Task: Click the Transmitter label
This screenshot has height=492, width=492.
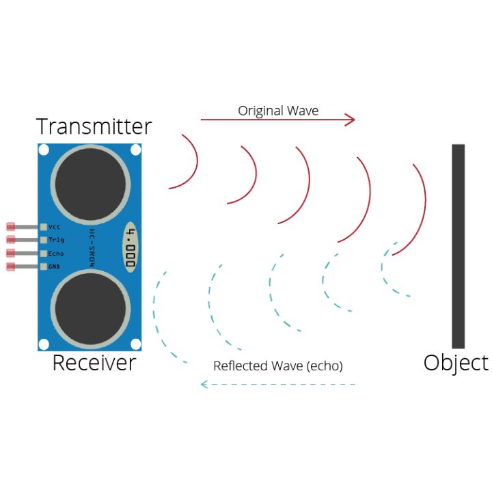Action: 94,127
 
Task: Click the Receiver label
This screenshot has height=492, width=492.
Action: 94,363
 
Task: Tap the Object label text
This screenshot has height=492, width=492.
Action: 456,363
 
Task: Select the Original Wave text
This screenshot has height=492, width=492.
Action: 278,111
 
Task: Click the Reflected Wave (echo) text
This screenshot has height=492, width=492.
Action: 278,366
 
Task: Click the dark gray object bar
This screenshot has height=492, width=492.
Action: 458,246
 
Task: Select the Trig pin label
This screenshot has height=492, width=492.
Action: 56,240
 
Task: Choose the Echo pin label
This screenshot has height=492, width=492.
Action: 56,254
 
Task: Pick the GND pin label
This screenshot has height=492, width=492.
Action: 55,266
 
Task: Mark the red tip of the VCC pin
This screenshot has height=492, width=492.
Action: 10,226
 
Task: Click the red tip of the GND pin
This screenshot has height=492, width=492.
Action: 10,266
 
